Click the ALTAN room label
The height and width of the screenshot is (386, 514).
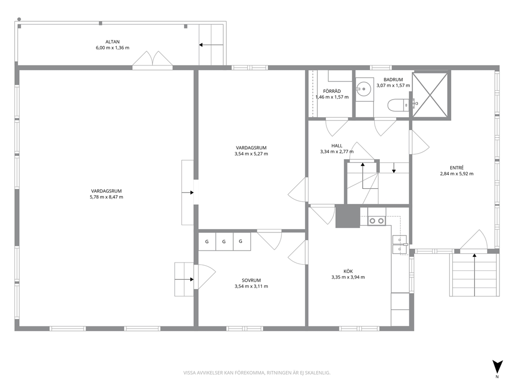[112, 42]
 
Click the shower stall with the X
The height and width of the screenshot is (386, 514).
[430, 94]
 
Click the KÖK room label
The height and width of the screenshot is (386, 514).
[348, 271]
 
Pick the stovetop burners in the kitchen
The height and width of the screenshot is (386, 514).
[377, 221]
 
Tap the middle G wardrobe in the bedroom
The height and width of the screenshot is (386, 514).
[224, 242]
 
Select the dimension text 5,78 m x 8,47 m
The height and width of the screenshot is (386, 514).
[107, 197]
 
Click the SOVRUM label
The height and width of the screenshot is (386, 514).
[251, 280]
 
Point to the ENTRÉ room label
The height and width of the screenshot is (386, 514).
[456, 168]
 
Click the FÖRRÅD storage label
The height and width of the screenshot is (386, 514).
[332, 91]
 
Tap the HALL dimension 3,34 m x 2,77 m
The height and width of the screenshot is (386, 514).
[337, 151]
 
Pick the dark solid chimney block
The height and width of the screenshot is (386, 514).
[348, 216]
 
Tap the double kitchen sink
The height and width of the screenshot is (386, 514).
[399, 245]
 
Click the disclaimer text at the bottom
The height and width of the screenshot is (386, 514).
[256, 373]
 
